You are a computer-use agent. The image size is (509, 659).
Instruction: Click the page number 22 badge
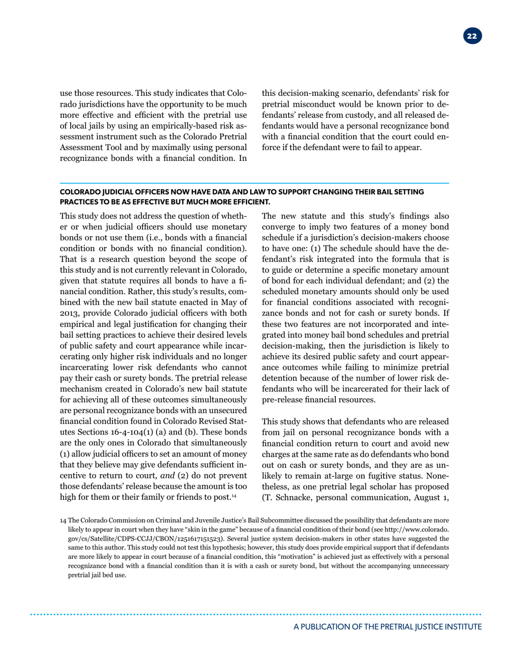473,36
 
